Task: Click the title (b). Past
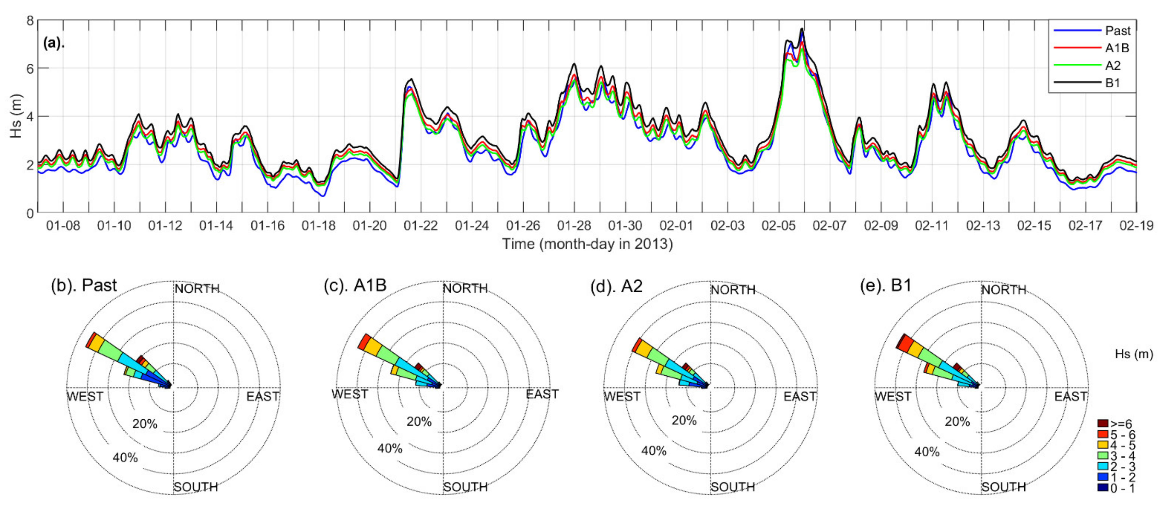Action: [84, 286]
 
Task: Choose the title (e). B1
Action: [886, 286]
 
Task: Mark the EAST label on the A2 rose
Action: [800, 397]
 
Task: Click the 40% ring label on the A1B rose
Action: [390, 449]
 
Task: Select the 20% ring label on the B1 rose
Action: [957, 421]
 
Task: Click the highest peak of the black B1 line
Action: [802, 28]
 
